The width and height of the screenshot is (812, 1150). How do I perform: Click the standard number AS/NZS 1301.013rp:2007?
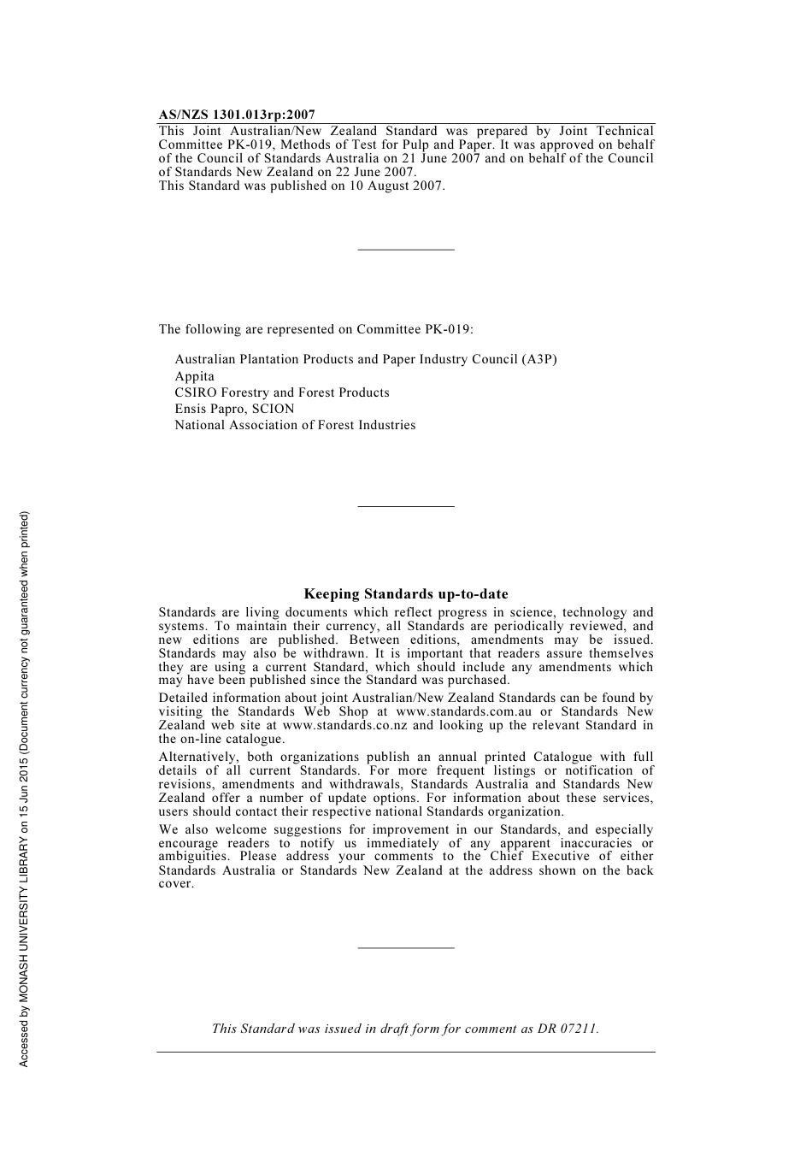237,115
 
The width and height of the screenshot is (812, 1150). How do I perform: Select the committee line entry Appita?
195,376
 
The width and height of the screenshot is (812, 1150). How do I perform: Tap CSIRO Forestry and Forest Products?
282,392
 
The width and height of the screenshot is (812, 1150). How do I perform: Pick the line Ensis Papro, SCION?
234,409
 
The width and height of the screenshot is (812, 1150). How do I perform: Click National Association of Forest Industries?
295,425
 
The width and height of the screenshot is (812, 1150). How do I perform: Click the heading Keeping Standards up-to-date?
406,594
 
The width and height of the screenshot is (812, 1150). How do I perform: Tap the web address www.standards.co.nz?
344,725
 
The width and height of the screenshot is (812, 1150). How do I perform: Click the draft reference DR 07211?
568,1029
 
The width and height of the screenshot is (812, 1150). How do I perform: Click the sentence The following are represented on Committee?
315,329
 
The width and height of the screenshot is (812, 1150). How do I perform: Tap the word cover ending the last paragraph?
175,884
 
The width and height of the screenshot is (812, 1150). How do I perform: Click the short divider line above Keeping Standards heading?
406,507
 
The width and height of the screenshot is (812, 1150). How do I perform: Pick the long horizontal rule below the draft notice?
406,1052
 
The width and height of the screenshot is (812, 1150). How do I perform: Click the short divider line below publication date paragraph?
406,250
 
